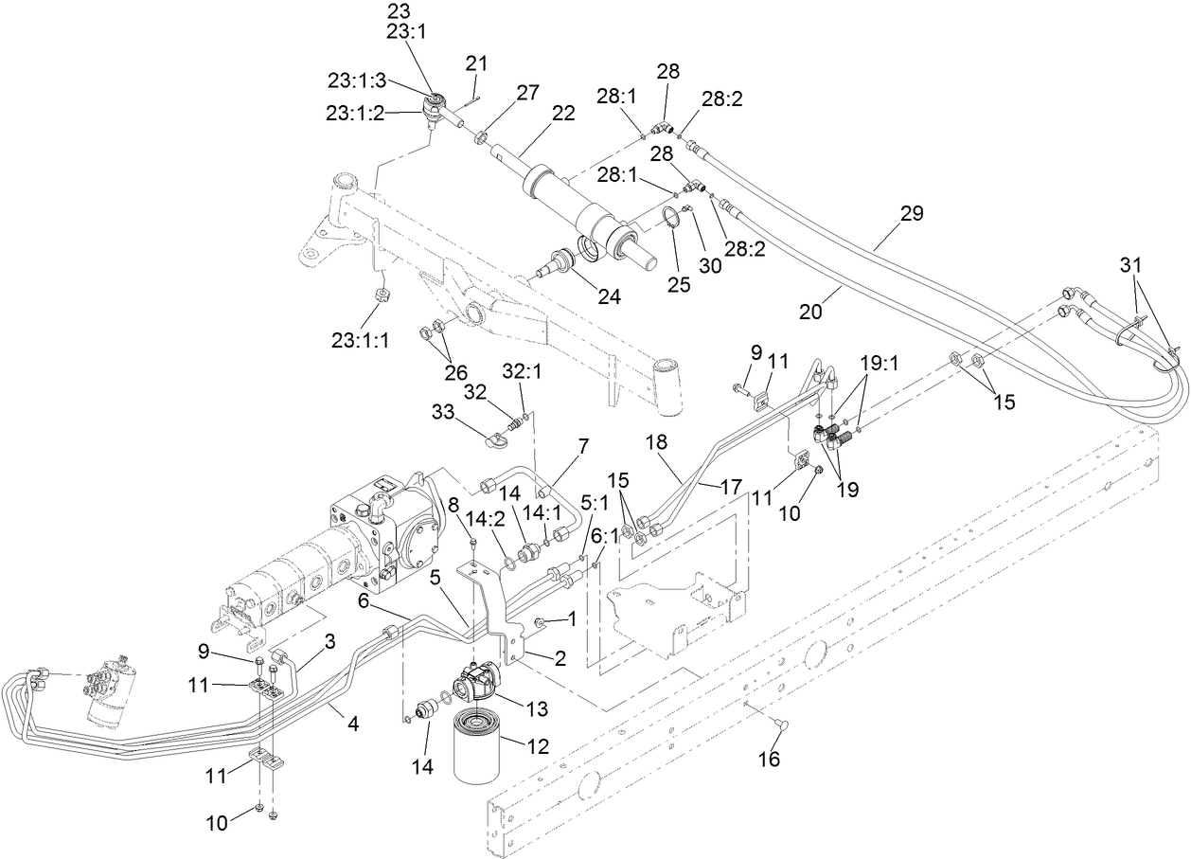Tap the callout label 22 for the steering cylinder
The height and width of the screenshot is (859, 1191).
tap(563, 114)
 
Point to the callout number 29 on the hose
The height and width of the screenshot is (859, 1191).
tap(911, 213)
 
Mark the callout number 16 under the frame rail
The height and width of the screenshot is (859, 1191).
tap(770, 759)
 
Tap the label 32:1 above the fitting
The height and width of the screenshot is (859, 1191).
tap(523, 373)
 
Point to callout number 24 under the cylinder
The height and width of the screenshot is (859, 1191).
tap(609, 296)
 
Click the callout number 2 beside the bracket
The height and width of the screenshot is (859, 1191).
tap(560, 659)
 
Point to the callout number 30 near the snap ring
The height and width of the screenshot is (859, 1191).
tap(710, 266)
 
